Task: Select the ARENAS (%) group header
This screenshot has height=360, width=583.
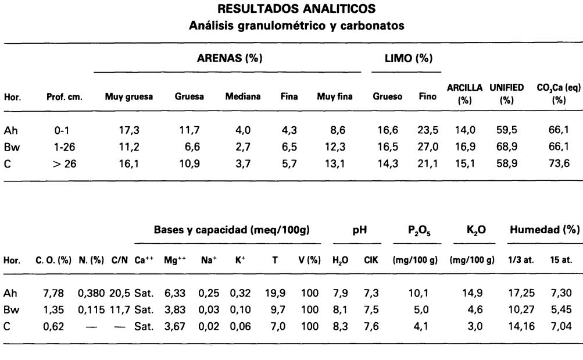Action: (x=227, y=59)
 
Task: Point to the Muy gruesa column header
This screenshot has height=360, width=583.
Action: (x=128, y=97)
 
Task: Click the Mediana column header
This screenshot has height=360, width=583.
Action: (x=243, y=97)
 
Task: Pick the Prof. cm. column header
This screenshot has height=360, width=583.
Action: (x=64, y=97)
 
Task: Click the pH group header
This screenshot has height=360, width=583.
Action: (x=359, y=230)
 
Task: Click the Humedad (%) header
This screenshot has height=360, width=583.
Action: (x=545, y=230)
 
